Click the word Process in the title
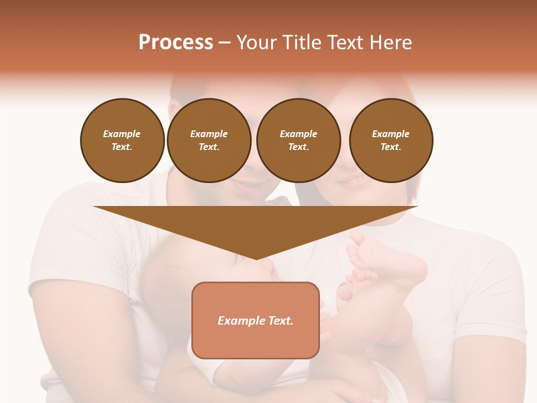click(176, 43)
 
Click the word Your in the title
click(258, 43)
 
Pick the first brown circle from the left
click(123, 140)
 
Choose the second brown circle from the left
click(209, 140)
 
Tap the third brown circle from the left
click(298, 140)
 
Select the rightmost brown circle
click(391, 140)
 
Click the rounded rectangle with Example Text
click(256, 320)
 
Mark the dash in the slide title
click(225, 43)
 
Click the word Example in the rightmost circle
click(390, 134)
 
